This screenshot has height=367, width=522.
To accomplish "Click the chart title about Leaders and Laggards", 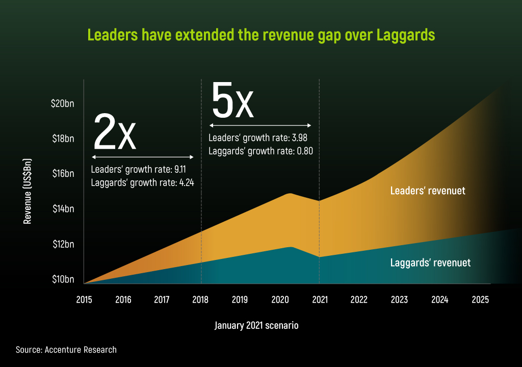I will pyautogui.click(x=261, y=35).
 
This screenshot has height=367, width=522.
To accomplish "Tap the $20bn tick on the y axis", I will pyautogui.click(x=63, y=103).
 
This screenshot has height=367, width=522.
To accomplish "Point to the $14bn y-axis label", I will pyautogui.click(x=63, y=208).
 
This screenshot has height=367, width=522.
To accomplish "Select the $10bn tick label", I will pyautogui.click(x=63, y=279).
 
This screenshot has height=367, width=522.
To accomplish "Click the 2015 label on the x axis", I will pyautogui.click(x=84, y=299).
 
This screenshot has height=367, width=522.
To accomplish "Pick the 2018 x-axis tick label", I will pyautogui.click(x=201, y=299).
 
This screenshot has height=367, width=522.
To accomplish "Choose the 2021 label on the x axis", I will pyautogui.click(x=319, y=299).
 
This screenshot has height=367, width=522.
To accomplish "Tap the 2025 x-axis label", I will pyautogui.click(x=479, y=299).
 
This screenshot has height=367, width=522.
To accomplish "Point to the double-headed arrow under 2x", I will pyautogui.click(x=143, y=157).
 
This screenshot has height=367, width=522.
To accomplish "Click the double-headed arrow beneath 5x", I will pyautogui.click(x=260, y=125).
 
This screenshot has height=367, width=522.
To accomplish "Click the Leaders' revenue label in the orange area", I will pyautogui.click(x=428, y=191).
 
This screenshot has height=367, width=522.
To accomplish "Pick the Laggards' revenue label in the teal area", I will pyautogui.click(x=430, y=263).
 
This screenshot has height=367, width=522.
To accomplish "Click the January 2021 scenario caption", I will pyautogui.click(x=256, y=325).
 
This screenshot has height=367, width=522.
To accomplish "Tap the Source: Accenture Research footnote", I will pyautogui.click(x=66, y=350).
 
